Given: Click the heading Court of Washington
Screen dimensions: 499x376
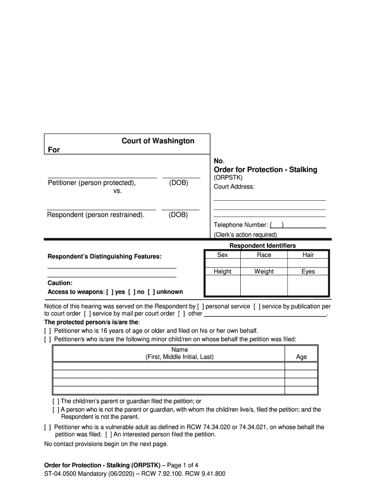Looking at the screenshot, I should pos(158,141).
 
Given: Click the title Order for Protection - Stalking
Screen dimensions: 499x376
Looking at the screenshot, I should pos(265,170).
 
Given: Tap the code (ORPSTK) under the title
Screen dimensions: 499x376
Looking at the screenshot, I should pos(228,178).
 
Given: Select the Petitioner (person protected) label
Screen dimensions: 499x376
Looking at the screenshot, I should pos(92,183).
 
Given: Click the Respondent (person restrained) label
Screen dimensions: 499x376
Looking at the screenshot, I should pos(96,214).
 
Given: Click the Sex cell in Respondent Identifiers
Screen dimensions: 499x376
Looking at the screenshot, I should pos(223,255).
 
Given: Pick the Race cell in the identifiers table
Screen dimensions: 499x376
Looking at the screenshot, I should pos(264,255).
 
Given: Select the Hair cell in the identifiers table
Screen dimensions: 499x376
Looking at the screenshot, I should pos(308,255).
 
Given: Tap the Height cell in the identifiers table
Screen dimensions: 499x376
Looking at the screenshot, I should pos(223,271).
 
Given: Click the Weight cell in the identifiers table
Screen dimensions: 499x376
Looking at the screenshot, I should pos(264,271).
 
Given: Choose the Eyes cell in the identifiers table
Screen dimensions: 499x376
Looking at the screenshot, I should pos(308,271).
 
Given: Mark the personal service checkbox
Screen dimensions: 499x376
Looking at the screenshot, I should pos(203,307).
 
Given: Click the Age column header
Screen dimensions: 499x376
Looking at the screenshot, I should pos(301,357).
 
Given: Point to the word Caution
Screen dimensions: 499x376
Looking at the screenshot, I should pos(60,283).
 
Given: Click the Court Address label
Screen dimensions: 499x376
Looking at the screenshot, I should pos(234,187).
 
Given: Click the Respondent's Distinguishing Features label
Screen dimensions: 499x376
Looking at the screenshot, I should pos(104,256).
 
